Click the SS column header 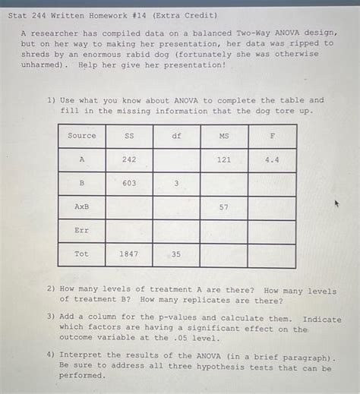pos(129,136)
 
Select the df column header pos(176,136)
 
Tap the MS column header pos(223,136)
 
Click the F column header pos(272,136)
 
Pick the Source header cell pos(82,136)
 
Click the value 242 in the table pos(129,159)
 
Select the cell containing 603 pos(129,184)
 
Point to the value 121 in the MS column pos(223,159)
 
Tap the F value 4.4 pos(272,159)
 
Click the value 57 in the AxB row pos(223,207)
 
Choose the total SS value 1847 pos(129,254)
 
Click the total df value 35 pos(176,254)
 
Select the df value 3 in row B pos(176,184)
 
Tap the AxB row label pos(82,207)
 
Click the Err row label pos(82,231)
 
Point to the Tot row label pos(82,254)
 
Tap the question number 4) pos(50,355)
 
